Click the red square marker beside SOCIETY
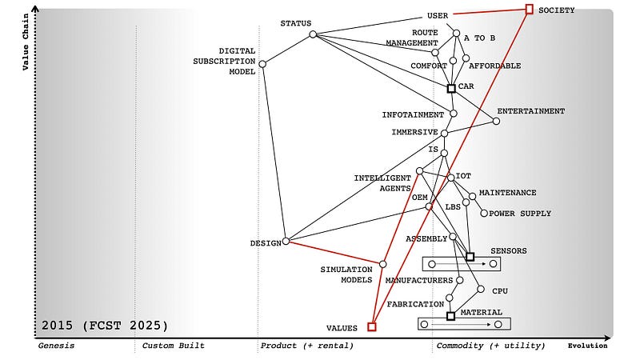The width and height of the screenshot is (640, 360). [x=529, y=9]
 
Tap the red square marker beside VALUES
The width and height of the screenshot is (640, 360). [x=371, y=326]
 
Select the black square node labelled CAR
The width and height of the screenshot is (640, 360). [x=451, y=88]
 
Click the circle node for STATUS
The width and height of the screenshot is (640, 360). [x=313, y=34]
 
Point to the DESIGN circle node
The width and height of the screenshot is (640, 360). [x=286, y=241]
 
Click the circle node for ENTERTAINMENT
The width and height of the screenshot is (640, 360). [x=496, y=121]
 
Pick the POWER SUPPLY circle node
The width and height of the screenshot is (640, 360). [x=483, y=213]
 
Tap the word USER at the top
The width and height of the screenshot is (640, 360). [x=438, y=15]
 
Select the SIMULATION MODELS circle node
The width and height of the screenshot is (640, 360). [x=383, y=264]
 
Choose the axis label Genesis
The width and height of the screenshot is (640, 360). [x=56, y=346]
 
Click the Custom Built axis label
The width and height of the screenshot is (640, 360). [x=173, y=346]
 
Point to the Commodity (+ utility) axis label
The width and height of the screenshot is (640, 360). [x=490, y=346]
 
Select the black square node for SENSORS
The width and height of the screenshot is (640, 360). [x=470, y=257]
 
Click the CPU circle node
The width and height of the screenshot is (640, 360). [x=481, y=289]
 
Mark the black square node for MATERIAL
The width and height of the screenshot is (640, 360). [x=451, y=316]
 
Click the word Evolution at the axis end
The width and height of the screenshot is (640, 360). [x=587, y=346]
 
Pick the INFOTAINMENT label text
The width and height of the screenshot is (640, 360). [x=413, y=114]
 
